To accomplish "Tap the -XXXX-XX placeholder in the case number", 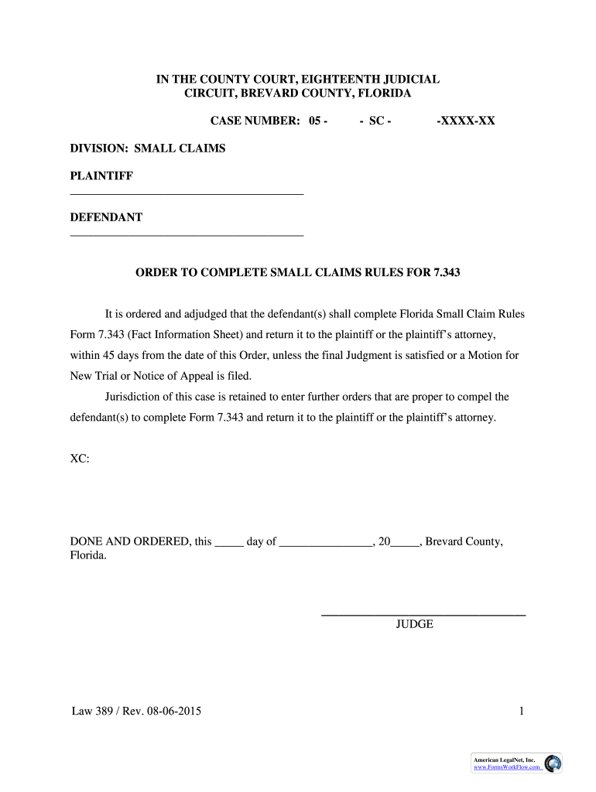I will pyautogui.click(x=465, y=121).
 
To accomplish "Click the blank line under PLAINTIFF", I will pyautogui.click(x=187, y=193).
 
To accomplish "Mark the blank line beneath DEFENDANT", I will pyautogui.click(x=187, y=234).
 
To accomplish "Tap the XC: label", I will pyautogui.click(x=80, y=459).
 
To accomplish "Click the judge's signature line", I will pyautogui.click(x=423, y=615).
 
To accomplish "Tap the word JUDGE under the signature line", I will pyautogui.click(x=414, y=625).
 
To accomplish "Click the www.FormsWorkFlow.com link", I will pyautogui.click(x=506, y=766).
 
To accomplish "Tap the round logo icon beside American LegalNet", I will pyautogui.click(x=553, y=763).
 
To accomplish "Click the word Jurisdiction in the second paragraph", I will pyautogui.click(x=133, y=397).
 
